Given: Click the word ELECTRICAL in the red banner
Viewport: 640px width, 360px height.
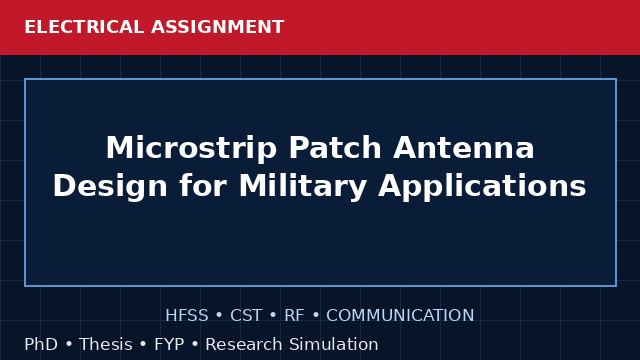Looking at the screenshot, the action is (84, 27).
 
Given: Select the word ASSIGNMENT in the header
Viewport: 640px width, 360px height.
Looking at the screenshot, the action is (218, 27).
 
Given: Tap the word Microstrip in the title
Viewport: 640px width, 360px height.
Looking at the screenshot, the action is (192, 148).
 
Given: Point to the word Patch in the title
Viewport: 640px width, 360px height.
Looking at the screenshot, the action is (335, 147).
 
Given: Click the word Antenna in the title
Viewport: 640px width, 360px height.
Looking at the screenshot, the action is (464, 147).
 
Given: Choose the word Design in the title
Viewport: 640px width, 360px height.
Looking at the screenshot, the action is (110, 186).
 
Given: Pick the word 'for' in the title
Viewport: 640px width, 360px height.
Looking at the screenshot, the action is (203, 186).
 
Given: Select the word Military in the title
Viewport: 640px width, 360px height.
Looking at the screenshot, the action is (302, 186).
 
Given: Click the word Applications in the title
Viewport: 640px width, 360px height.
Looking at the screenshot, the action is (482, 186).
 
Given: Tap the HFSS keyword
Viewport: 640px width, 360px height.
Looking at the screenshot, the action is (187, 316).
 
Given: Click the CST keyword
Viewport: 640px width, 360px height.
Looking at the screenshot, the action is (246, 316).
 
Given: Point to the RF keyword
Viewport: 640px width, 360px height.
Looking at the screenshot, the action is (294, 316).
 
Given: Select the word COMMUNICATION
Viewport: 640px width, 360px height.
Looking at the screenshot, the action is (400, 316).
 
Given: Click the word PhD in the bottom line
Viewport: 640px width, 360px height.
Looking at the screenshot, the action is (41, 344).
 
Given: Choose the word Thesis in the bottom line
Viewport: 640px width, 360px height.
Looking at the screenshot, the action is (106, 344).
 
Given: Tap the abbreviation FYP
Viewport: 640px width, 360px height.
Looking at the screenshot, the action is (169, 344).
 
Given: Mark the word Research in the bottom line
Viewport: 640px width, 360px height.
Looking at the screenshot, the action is (244, 344).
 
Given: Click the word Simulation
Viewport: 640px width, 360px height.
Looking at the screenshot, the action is (334, 344).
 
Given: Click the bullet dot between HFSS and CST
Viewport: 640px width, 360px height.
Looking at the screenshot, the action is (219, 316).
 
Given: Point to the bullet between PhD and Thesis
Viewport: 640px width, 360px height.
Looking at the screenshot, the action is (69, 345).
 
